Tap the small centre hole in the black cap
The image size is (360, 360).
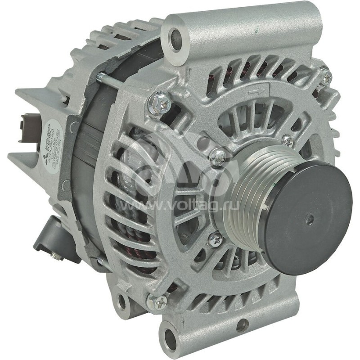(309, 220)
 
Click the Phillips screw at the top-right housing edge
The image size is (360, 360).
(325, 76)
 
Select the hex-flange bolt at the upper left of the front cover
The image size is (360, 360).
(160, 103)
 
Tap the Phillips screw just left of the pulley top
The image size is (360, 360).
(218, 155)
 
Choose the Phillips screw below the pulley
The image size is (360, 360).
(215, 239)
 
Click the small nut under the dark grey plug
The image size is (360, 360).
(56, 256)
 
